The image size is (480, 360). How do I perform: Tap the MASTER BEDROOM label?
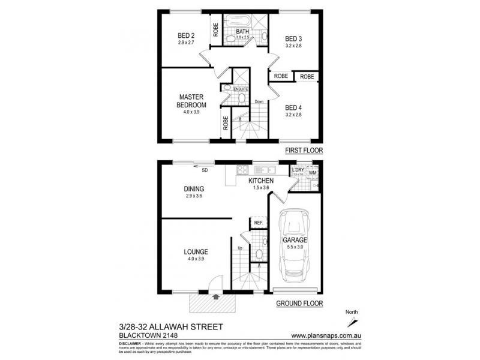coord(191,101)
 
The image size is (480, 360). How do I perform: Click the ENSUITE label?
coord(241,89)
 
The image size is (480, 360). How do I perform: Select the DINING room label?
coord(194,189)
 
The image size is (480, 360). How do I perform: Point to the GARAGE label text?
coord(295,241)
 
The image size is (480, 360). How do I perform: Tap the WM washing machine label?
coord(312,173)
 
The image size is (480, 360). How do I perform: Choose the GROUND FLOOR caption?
coord(299,304)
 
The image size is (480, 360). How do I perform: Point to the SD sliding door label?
coord(205,170)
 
